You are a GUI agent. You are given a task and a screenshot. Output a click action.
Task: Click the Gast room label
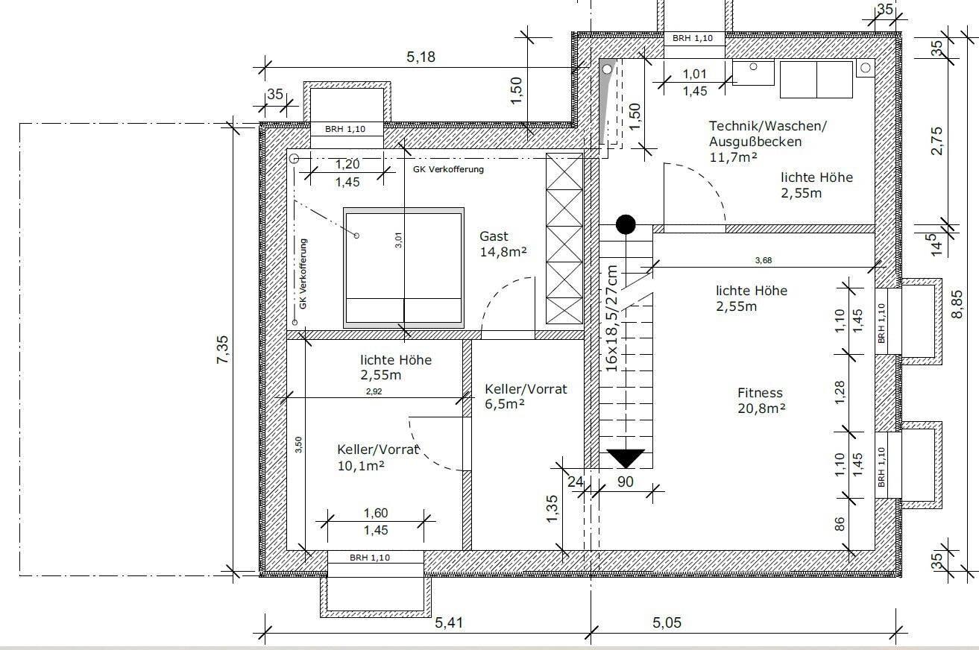[x=494, y=236]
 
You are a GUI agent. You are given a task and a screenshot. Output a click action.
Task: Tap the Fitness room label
[x=760, y=393]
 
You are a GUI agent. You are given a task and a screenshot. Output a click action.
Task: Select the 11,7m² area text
[x=733, y=157]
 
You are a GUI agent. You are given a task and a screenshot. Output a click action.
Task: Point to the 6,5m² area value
[x=504, y=404]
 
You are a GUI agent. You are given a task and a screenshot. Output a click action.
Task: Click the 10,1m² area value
[x=361, y=466]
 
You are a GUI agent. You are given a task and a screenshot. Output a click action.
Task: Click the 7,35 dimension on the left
[x=222, y=350]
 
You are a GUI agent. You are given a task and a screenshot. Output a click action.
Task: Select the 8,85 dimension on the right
[x=957, y=304]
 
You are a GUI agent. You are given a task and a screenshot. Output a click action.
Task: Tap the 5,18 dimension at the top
[x=421, y=57]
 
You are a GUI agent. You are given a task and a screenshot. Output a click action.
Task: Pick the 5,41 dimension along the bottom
[x=449, y=622]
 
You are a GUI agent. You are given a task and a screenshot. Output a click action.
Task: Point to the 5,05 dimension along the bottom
[x=667, y=622]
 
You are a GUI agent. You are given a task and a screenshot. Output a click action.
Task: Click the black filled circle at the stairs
[x=626, y=224]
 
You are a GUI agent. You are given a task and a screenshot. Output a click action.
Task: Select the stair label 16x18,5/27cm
[x=611, y=318]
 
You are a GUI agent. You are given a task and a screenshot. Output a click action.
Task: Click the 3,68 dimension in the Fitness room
[x=764, y=260]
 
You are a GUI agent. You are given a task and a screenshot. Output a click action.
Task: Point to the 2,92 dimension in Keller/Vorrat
[x=374, y=391]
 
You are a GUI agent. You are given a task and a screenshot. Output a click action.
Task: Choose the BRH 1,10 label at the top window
[x=692, y=38]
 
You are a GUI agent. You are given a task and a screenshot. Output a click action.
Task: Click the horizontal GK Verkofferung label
[x=448, y=169]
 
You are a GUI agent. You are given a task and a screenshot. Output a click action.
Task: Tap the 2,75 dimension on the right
[x=936, y=141]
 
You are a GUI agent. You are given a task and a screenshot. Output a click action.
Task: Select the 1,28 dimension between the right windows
[x=840, y=393]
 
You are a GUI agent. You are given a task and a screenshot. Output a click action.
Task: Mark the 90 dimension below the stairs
[x=626, y=482]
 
